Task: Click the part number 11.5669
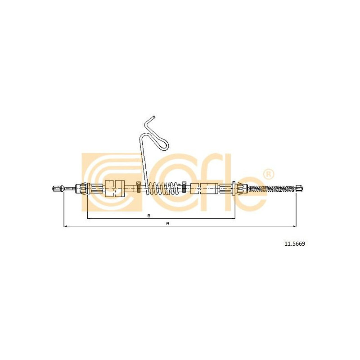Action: click(x=295, y=244)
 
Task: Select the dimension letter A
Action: click(x=167, y=223)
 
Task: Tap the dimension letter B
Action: click(x=149, y=216)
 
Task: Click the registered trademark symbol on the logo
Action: click(x=268, y=174)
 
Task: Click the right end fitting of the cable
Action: click(x=300, y=189)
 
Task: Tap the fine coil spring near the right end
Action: click(x=273, y=189)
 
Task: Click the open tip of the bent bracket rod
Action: click(x=154, y=117)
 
